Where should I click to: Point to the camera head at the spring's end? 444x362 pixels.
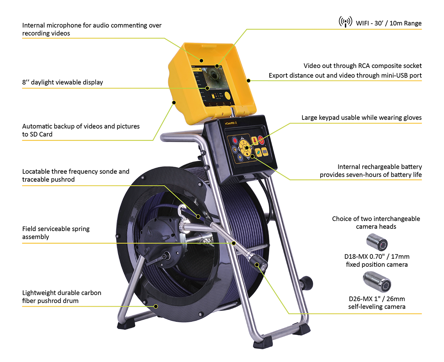click(x=259, y=265)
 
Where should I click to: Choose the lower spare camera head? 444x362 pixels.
click(x=376, y=281)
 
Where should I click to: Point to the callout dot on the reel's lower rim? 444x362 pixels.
click(x=155, y=306)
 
